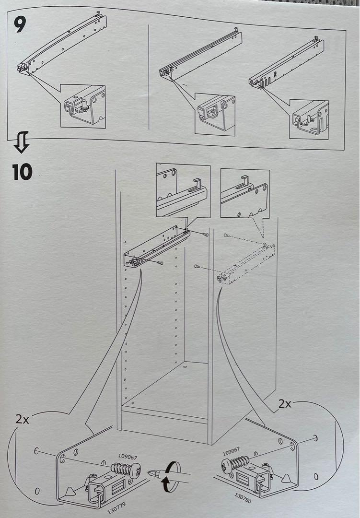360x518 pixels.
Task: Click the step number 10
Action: [x=23, y=172]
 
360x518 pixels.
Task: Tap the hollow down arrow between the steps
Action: [x=22, y=142]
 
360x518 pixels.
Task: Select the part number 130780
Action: [x=243, y=498]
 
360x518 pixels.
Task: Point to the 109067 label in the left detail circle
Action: [x=128, y=457]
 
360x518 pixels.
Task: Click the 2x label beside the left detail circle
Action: [x=22, y=419]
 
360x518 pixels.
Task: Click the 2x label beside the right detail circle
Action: [x=285, y=403]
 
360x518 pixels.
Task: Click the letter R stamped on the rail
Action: [x=275, y=75]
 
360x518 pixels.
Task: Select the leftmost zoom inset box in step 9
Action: [x=83, y=106]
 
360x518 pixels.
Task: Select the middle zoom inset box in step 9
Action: [x=215, y=114]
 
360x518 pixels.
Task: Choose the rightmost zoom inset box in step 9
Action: [x=309, y=119]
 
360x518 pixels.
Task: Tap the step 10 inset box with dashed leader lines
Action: [x=245, y=194]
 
